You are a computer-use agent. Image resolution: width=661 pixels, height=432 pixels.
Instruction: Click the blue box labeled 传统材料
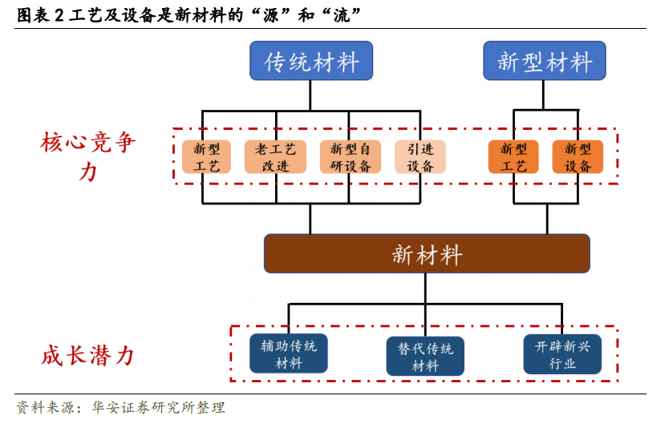click(x=311, y=61)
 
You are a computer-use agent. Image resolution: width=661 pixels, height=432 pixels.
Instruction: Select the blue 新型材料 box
click(x=544, y=61)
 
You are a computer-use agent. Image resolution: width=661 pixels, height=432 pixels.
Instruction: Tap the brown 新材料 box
click(x=427, y=253)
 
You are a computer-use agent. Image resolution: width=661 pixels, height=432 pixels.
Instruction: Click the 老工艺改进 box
click(x=275, y=157)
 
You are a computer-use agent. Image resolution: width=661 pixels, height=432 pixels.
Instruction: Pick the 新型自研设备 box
click(x=351, y=157)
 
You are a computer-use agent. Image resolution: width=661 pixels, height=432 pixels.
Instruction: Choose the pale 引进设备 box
click(x=420, y=157)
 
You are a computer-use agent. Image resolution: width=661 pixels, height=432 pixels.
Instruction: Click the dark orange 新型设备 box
click(x=578, y=157)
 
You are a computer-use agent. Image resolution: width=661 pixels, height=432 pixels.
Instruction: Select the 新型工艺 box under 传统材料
click(x=207, y=157)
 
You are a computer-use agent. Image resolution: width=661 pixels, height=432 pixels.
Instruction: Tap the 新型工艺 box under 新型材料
click(x=513, y=157)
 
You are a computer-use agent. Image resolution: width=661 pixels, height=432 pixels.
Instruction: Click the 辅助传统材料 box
click(x=288, y=353)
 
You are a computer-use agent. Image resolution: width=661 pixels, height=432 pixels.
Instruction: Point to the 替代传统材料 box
click(x=425, y=356)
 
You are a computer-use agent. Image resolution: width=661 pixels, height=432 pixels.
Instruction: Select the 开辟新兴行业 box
click(x=562, y=354)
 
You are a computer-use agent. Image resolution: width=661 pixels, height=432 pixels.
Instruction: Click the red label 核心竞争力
click(x=88, y=156)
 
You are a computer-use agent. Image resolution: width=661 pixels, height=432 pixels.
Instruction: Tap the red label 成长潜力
click(x=88, y=356)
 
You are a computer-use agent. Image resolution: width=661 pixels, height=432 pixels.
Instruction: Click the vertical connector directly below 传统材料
click(x=310, y=95)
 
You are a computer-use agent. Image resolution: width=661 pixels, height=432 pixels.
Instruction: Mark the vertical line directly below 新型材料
click(x=543, y=95)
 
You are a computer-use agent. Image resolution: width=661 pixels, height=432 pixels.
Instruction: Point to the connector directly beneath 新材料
click(x=425, y=288)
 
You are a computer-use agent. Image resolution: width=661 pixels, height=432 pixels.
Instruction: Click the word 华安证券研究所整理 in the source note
click(x=159, y=408)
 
